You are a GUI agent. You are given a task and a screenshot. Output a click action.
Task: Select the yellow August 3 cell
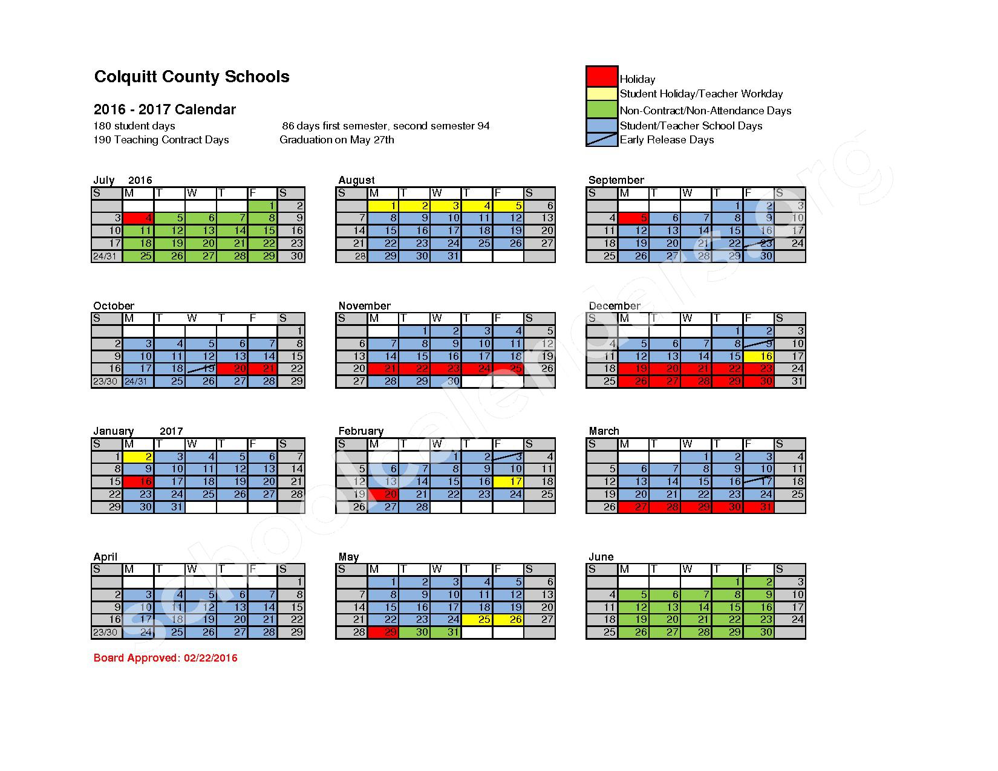[446, 206]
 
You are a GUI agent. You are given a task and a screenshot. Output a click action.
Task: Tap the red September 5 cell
[633, 218]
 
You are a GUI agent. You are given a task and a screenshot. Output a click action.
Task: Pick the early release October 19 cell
[201, 368]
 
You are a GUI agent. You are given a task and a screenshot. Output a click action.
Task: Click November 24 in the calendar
[478, 368]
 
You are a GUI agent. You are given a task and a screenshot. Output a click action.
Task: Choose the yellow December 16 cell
[759, 356]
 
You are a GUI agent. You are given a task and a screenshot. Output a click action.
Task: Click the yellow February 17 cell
[509, 482]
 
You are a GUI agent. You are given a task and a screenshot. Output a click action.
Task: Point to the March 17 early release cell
[759, 482]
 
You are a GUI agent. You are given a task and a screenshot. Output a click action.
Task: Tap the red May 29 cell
[383, 633]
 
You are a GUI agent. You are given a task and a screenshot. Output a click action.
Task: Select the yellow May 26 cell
[509, 620]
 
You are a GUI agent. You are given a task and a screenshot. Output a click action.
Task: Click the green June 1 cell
[728, 582]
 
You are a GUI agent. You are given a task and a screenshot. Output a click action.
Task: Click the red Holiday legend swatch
[602, 76]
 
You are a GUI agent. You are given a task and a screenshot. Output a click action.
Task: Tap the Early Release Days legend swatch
[602, 140]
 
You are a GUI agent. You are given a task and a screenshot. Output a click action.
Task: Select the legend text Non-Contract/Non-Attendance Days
[705, 111]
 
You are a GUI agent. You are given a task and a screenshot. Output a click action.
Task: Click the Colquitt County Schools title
[192, 77]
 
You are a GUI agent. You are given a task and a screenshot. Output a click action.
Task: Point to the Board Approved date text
[166, 658]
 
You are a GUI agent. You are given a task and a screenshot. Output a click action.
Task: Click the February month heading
[361, 431]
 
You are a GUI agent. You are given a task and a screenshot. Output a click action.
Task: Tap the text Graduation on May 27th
[337, 140]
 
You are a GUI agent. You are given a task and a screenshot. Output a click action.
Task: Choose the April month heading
[105, 557]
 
